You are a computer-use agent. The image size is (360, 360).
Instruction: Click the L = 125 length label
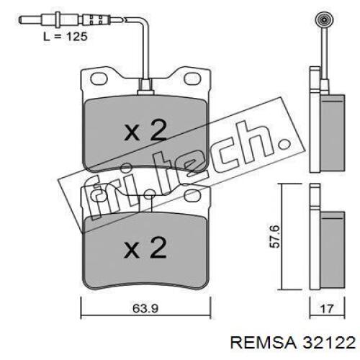point(65,37)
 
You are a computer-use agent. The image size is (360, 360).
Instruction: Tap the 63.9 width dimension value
point(145,308)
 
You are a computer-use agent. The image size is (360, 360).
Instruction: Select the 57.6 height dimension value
point(274,236)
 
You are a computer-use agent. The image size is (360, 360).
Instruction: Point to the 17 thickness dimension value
point(327,309)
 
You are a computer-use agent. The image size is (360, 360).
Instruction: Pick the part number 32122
point(329,343)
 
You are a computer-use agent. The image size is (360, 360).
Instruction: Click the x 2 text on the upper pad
point(145,130)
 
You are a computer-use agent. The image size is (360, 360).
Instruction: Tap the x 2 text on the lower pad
point(145,248)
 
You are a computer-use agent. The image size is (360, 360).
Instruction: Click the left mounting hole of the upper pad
point(98,78)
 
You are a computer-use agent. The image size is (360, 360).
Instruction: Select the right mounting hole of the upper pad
point(192,78)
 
